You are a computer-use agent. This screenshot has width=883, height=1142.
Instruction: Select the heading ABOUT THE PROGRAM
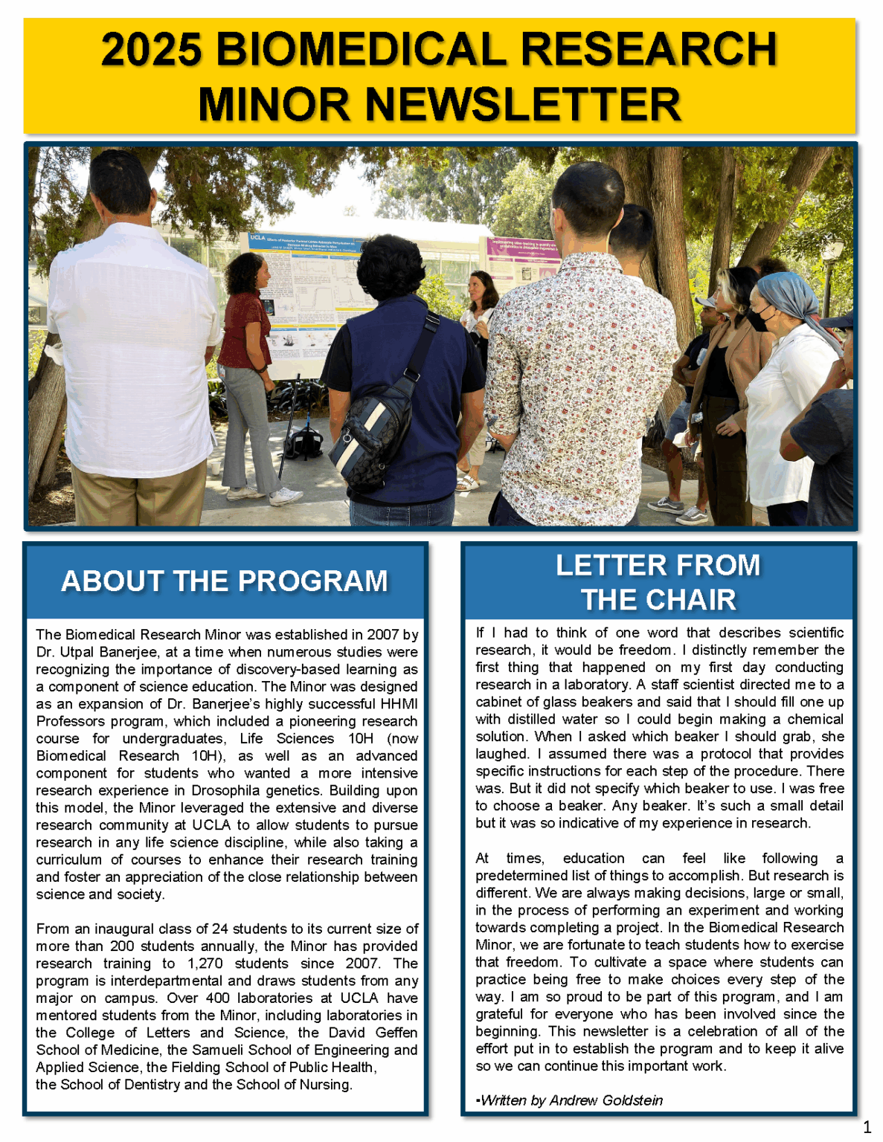click(x=225, y=581)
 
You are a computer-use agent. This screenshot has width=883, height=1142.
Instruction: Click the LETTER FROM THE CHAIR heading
click(x=658, y=582)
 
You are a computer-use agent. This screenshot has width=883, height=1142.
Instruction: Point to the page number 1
click(x=867, y=1127)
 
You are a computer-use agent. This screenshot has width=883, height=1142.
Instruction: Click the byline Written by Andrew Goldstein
click(x=571, y=1100)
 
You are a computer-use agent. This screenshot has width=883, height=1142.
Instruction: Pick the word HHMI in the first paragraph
click(x=399, y=704)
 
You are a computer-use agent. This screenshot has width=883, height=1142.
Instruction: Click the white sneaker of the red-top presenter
click(x=284, y=497)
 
